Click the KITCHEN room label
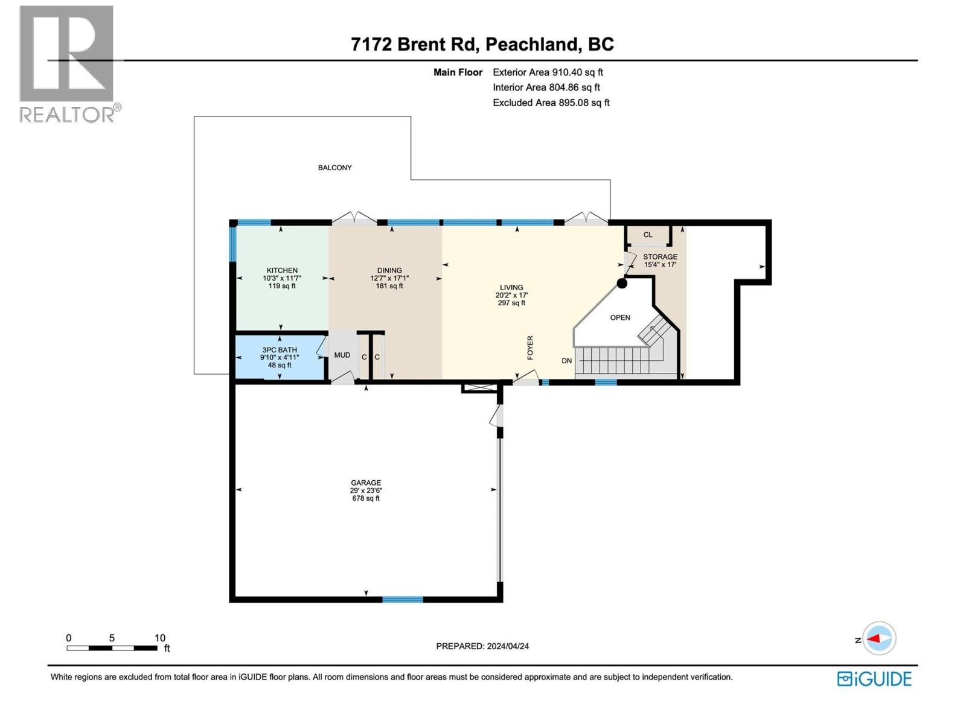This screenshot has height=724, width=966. pyautogui.click(x=282, y=270)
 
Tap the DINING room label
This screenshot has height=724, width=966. pyautogui.click(x=389, y=270)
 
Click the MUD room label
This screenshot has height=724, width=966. pyautogui.click(x=342, y=355)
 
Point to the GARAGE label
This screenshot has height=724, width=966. pyautogui.click(x=366, y=483)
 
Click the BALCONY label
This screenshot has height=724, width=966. pyautogui.click(x=335, y=168)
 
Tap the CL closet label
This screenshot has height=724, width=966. pyautogui.click(x=648, y=235)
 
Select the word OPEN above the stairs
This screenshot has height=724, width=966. pyautogui.click(x=620, y=317)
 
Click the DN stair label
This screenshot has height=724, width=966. pyautogui.click(x=566, y=361)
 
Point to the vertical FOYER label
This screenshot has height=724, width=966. pyautogui.click(x=530, y=348)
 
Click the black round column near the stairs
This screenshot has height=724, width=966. pyautogui.click(x=622, y=283)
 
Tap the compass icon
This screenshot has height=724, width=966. pyautogui.click(x=879, y=638)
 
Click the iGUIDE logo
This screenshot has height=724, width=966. pyautogui.click(x=874, y=679)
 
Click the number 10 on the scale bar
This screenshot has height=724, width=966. pyautogui.click(x=159, y=638)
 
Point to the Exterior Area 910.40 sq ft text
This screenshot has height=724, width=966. pyautogui.click(x=548, y=72)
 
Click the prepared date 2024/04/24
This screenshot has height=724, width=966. pyautogui.click(x=507, y=646)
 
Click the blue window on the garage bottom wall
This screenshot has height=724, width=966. pyautogui.click(x=403, y=599)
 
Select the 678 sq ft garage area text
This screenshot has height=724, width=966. pyautogui.click(x=366, y=498)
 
